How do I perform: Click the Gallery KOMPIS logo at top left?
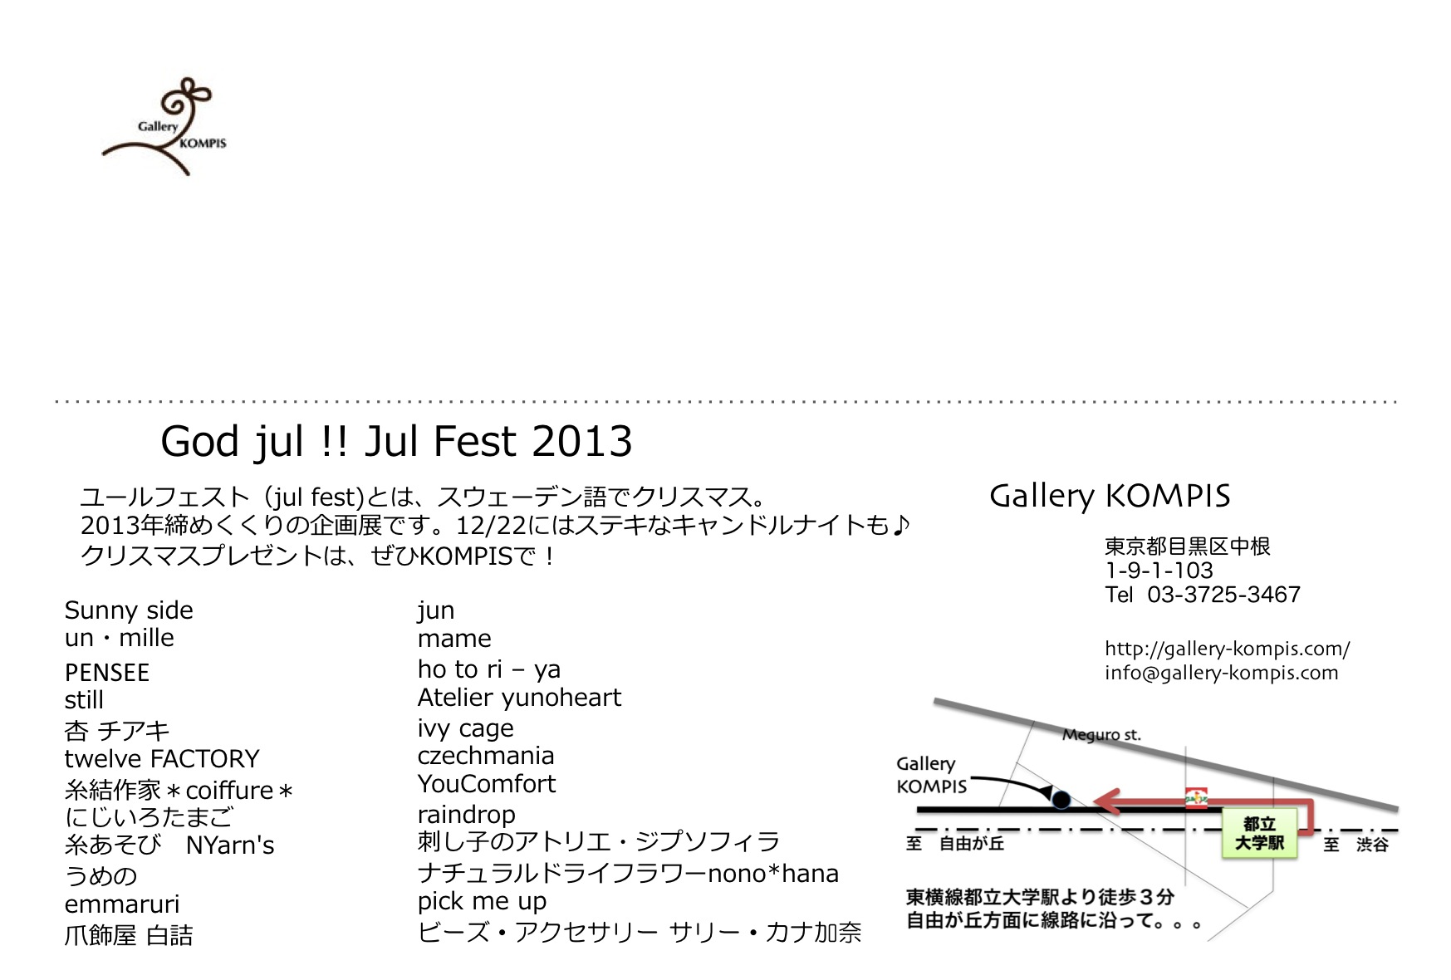164,126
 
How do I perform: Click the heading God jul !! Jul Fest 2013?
396,442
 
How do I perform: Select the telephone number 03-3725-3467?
1223,595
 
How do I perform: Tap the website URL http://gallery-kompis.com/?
1227,649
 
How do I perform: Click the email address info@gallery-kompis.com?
1221,673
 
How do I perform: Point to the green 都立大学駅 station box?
1259,833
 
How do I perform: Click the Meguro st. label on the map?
1101,735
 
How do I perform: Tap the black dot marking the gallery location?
1061,800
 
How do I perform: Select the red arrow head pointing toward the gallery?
1106,801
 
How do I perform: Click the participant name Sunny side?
129,610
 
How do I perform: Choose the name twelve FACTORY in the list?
162,759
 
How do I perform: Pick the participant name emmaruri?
122,904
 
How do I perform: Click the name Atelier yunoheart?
519,698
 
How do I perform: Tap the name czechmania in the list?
486,756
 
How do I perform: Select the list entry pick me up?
482,902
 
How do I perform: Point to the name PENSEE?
107,673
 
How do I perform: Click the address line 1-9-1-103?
1159,571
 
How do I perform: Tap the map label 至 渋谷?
1355,845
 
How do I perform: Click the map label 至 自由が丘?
955,844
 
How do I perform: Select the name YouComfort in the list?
487,784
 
